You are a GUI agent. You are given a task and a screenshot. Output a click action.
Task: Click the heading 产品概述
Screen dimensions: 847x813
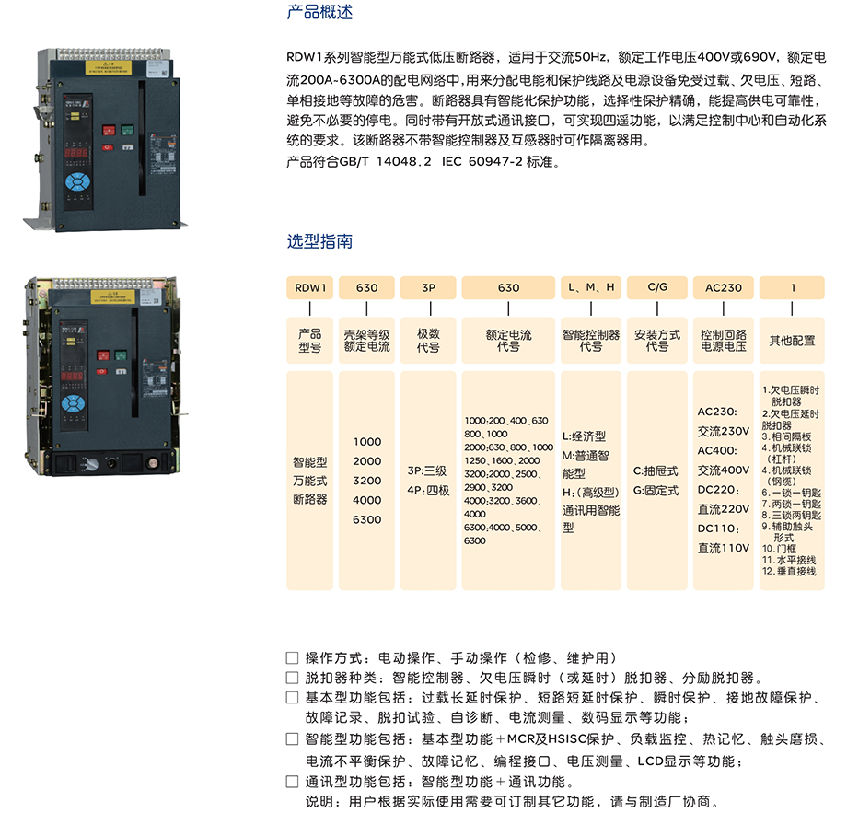click(319, 12)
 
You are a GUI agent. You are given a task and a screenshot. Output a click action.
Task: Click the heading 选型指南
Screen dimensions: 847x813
click(319, 241)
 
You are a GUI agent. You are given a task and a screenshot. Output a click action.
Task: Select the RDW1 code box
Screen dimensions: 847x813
click(310, 287)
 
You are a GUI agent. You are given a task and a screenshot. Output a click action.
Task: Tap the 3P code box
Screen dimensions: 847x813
click(428, 287)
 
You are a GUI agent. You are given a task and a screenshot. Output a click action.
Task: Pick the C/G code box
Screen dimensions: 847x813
click(657, 287)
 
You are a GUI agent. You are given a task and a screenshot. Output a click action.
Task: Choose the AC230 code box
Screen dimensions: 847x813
click(724, 287)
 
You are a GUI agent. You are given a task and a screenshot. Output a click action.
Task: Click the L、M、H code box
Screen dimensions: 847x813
click(591, 287)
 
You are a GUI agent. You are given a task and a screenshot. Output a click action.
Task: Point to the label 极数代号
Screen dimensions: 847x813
click(428, 341)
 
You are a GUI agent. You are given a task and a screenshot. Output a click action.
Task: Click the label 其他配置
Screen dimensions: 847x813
click(792, 341)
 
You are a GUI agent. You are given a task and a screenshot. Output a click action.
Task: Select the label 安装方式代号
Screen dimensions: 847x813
click(657, 341)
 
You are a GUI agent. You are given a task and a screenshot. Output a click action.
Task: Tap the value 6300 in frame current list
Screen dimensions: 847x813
click(366, 519)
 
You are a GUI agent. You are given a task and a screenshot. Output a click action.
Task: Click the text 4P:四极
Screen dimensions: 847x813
click(428, 491)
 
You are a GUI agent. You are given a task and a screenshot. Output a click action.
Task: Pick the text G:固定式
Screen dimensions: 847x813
click(656, 491)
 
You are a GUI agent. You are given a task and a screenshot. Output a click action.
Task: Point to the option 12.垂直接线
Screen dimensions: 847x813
click(789, 571)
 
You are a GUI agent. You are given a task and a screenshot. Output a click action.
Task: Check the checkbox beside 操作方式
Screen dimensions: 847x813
click(292, 658)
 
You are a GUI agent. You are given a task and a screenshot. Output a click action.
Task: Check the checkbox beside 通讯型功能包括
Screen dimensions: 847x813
click(292, 782)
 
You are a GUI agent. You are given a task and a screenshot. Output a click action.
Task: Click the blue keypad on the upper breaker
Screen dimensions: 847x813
click(77, 182)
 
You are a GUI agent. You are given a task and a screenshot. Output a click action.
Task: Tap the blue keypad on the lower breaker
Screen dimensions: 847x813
click(73, 404)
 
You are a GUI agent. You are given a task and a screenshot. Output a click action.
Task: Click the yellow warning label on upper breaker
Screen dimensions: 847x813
click(108, 67)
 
